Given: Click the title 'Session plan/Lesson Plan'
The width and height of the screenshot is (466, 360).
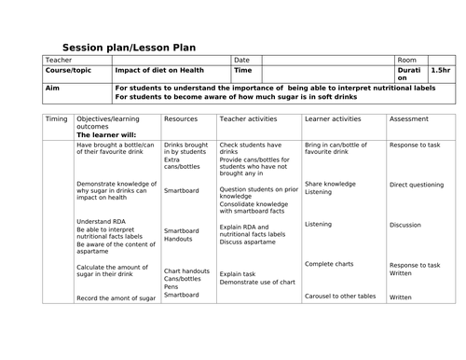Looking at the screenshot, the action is pos(129,48).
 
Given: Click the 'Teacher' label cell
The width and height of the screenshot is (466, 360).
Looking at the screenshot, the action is pos(60,60).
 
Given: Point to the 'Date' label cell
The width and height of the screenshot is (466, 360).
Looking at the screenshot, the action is pos(242,60).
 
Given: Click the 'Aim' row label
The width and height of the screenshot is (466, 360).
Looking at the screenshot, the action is pos(52,87).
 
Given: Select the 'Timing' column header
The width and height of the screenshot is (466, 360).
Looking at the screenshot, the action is pos(56,119).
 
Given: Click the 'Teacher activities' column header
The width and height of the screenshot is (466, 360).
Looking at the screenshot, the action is pos(251,119).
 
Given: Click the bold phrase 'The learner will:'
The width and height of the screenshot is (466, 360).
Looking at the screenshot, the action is pos(105,135).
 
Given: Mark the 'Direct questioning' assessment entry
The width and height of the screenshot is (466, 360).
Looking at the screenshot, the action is pos(418,185).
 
